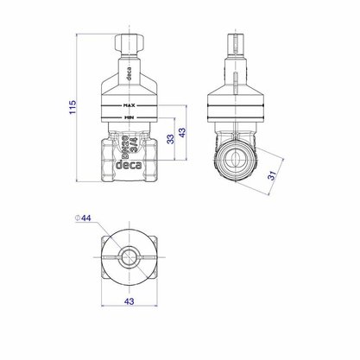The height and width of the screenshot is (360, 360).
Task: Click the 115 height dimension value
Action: coord(73,107)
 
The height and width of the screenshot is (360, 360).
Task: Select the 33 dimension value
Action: coord(171,139)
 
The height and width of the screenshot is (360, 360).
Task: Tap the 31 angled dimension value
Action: coord(272,175)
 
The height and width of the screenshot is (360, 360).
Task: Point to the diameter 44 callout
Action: coord(83,218)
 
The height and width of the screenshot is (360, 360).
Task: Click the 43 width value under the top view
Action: coord(129,301)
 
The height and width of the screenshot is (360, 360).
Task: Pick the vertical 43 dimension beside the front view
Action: coord(182,132)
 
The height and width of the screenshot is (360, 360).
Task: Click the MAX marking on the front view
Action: coord(129,105)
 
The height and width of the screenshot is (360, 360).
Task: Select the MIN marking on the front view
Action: coord(129,117)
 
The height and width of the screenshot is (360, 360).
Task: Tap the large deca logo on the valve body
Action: coord(129,165)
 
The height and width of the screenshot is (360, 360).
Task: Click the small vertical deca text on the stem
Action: coord(129,73)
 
